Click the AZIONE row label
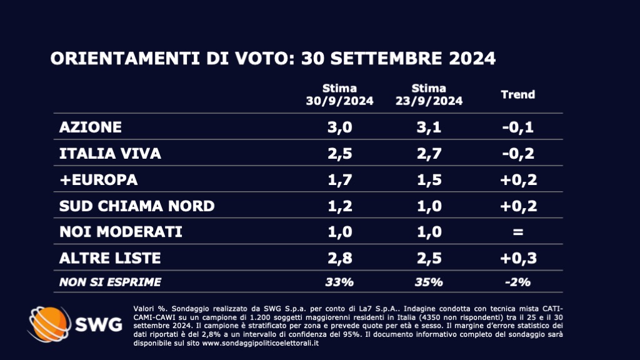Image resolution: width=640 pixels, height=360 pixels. tap(90, 127)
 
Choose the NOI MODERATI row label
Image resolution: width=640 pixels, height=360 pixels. tap(120, 232)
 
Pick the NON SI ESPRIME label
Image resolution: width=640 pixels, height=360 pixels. tap(110, 282)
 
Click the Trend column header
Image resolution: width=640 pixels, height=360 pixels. tap(518, 94)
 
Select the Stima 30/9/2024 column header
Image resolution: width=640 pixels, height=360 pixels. tap(339, 94)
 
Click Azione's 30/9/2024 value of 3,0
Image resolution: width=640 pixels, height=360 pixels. tap(339, 127)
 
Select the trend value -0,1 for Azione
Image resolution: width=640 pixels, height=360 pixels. tap(518, 127)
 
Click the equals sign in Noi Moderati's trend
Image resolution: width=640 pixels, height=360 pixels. tap(518, 232)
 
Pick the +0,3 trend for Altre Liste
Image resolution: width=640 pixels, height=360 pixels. tap(518, 257)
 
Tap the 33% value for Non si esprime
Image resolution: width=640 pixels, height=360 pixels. tap(339, 282)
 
